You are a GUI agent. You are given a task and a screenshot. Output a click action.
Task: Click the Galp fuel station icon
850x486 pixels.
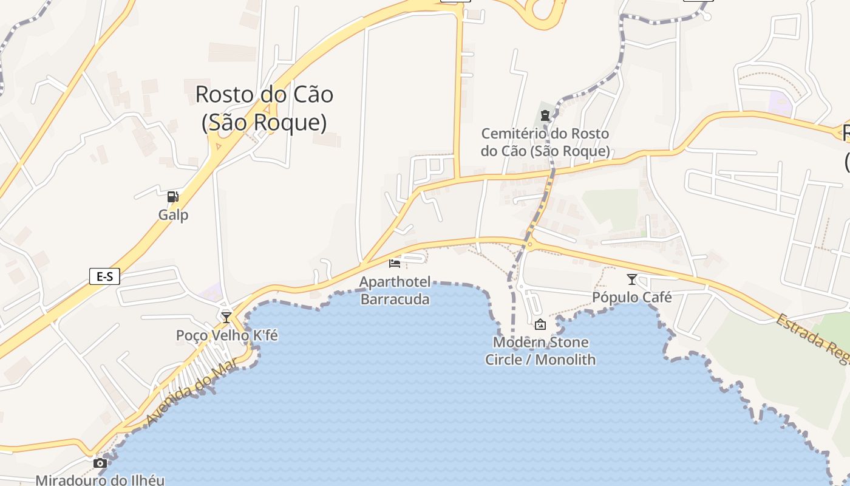tap(173, 197)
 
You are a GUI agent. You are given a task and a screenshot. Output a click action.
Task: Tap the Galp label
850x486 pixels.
tap(173, 215)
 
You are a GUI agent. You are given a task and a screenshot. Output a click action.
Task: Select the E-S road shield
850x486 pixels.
tap(104, 276)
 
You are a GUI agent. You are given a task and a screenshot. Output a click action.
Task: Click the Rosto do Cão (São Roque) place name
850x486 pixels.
tap(264, 108)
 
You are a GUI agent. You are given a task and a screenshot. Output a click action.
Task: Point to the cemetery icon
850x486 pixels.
tap(545, 115)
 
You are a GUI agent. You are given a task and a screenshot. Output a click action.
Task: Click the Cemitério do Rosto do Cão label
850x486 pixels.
tap(545, 142)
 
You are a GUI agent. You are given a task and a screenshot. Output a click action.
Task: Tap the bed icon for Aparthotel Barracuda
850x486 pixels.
tap(395, 263)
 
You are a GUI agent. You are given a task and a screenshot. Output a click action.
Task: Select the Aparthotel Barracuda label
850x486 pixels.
tap(395, 290)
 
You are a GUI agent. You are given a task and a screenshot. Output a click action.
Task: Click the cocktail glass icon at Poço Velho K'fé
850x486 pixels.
tap(226, 317)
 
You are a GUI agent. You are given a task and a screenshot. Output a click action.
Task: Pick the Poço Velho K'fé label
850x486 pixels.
tap(226, 335)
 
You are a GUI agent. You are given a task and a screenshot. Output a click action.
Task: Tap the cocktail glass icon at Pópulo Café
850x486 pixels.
tap(632, 279)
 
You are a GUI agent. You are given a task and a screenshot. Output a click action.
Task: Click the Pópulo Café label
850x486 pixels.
tap(632, 298)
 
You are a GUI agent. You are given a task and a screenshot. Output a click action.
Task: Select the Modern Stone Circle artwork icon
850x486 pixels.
tap(540, 324)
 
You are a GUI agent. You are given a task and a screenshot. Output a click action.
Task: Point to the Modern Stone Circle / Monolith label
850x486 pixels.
tap(540, 351)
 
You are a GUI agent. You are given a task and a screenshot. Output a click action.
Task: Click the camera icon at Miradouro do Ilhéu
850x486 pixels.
tap(100, 464)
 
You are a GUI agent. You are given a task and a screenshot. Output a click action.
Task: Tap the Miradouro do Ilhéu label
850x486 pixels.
tap(100, 480)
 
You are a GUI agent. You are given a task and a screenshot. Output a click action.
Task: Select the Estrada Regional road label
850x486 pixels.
tap(814, 340)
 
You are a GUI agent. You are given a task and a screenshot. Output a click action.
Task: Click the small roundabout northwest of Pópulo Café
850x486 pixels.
tap(530, 245)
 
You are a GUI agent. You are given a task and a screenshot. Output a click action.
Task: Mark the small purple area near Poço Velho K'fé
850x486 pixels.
tap(211, 291)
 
